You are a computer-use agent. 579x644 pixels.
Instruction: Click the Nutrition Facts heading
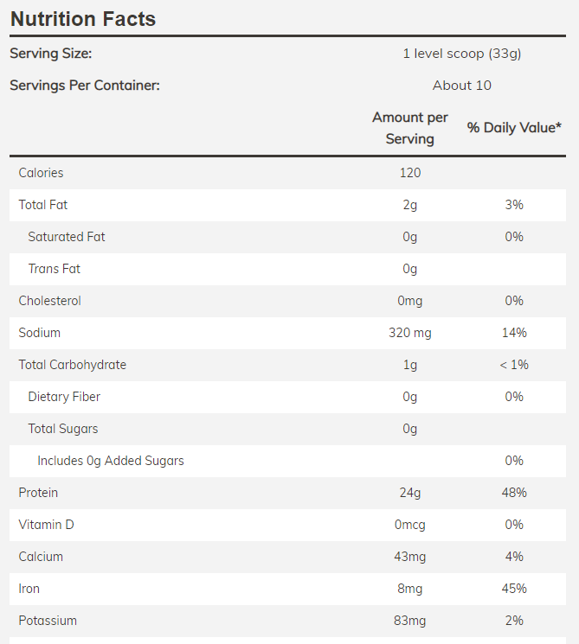83,18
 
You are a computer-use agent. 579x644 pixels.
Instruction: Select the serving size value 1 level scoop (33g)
462,54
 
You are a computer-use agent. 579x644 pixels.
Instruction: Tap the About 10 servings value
462,86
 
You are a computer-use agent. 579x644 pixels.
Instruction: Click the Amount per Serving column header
410,128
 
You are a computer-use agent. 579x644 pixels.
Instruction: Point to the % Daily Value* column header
514,128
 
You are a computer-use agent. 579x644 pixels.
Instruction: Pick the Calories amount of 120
410,173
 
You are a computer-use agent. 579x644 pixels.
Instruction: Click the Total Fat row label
43,205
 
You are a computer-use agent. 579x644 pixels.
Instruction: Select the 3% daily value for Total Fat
514,205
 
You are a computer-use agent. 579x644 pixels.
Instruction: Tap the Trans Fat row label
54,269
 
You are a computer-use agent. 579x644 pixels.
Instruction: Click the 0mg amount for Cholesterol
410,301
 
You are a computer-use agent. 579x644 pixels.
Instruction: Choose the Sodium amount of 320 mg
410,333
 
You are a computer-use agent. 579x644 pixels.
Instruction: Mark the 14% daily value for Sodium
514,333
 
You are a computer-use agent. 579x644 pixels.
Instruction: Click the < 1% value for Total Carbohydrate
514,365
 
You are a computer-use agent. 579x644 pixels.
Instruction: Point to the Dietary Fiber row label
64,397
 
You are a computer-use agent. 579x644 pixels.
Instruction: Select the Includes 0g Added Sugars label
111,461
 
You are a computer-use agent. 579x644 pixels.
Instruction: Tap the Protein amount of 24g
410,493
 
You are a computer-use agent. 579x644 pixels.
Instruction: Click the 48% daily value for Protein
514,493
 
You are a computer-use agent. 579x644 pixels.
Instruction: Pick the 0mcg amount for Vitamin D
410,525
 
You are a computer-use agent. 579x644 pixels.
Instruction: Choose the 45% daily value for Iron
514,589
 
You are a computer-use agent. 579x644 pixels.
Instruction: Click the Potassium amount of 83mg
410,621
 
